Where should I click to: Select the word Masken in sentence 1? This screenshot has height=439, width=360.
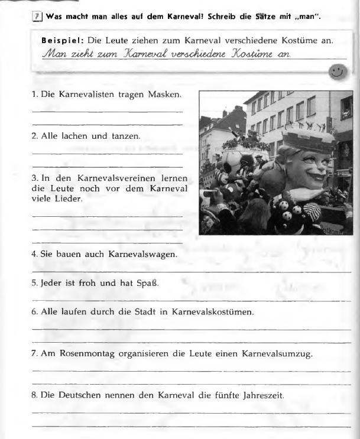coord(165,95)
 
